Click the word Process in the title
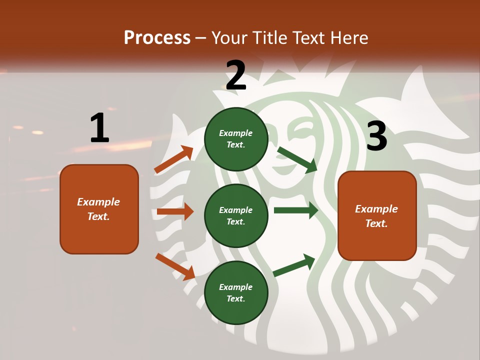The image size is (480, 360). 157,38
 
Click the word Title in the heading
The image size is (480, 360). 270,38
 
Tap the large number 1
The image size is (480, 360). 99,128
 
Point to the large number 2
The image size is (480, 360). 236,75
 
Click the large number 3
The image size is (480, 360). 376,136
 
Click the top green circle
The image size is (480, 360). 236,139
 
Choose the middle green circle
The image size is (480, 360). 236,215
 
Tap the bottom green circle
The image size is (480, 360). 236,292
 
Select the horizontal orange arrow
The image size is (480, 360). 175,211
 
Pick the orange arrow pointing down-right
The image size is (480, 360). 175,266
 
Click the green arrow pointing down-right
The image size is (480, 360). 297,159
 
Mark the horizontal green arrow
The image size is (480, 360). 296,210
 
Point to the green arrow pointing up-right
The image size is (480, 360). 294,265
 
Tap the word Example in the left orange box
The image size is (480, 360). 98,202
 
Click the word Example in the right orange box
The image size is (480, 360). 376,209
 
